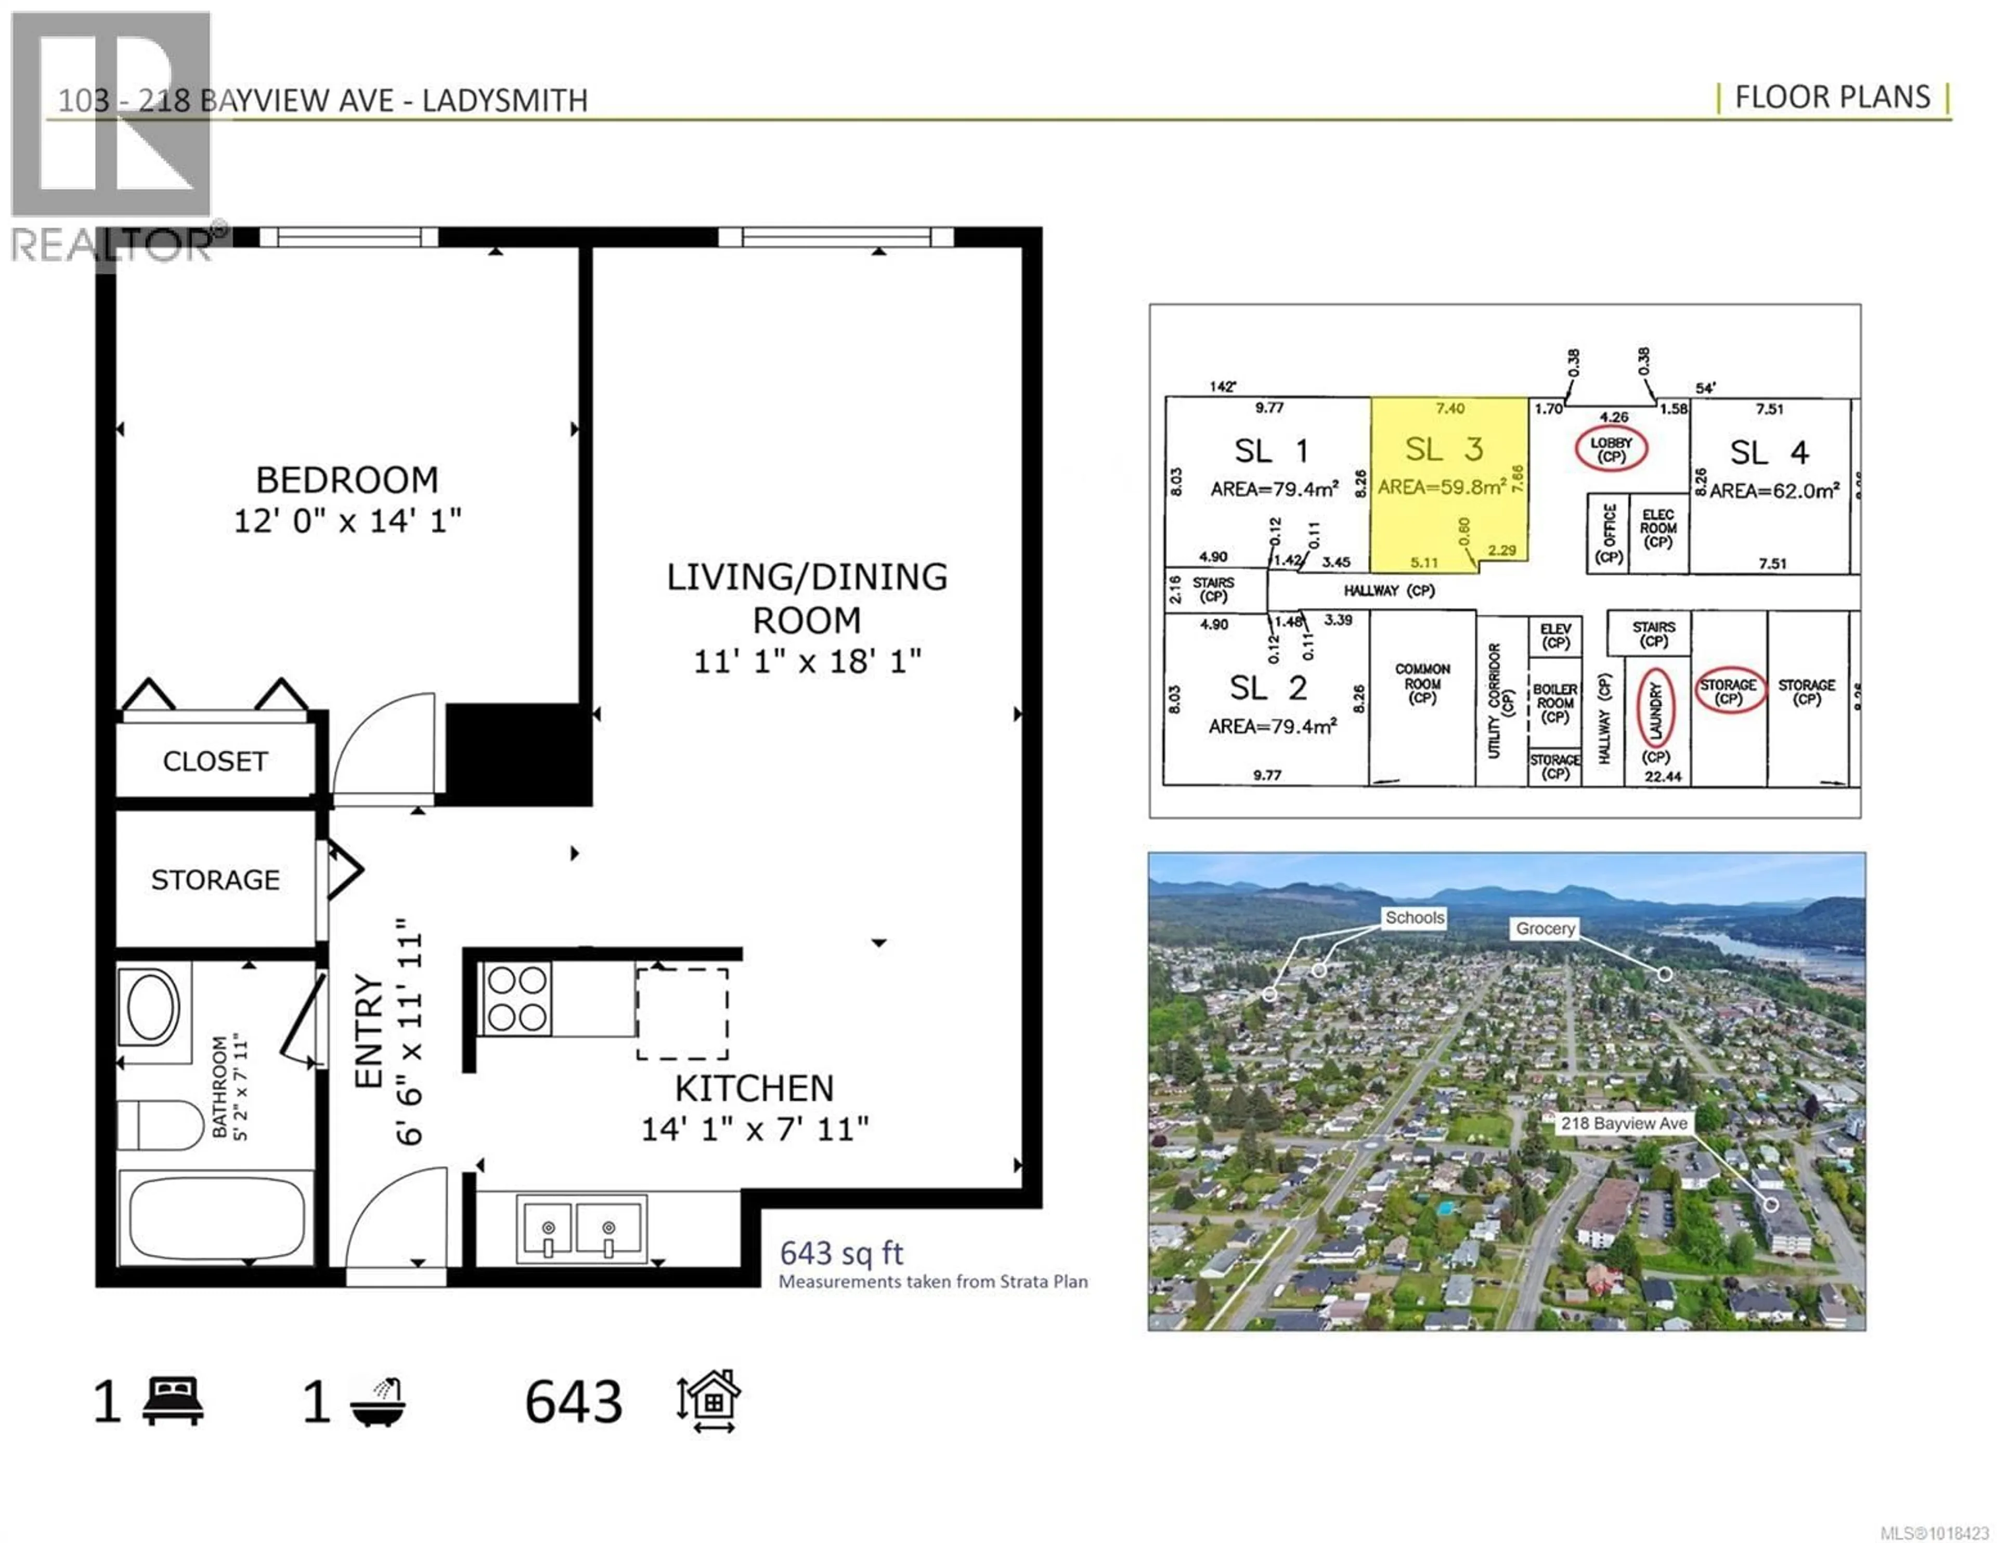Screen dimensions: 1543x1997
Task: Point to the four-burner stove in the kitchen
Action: (516, 999)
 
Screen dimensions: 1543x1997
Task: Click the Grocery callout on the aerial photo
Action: (1545, 928)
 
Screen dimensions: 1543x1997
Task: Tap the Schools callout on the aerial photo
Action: (1415, 917)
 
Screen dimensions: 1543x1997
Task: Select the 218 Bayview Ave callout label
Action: (1624, 1123)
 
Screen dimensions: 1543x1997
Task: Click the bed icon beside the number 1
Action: (174, 1401)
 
